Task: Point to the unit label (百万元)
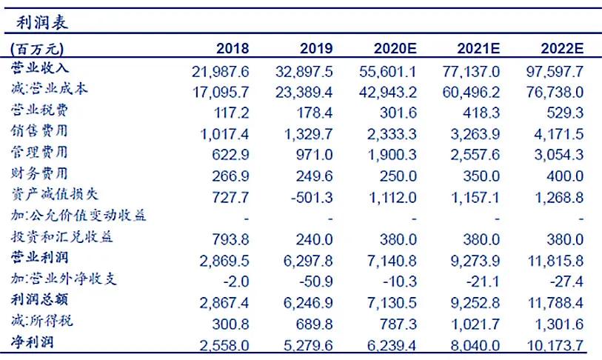click(38, 49)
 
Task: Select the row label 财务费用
click(40, 174)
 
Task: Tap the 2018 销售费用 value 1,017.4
click(224, 133)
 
